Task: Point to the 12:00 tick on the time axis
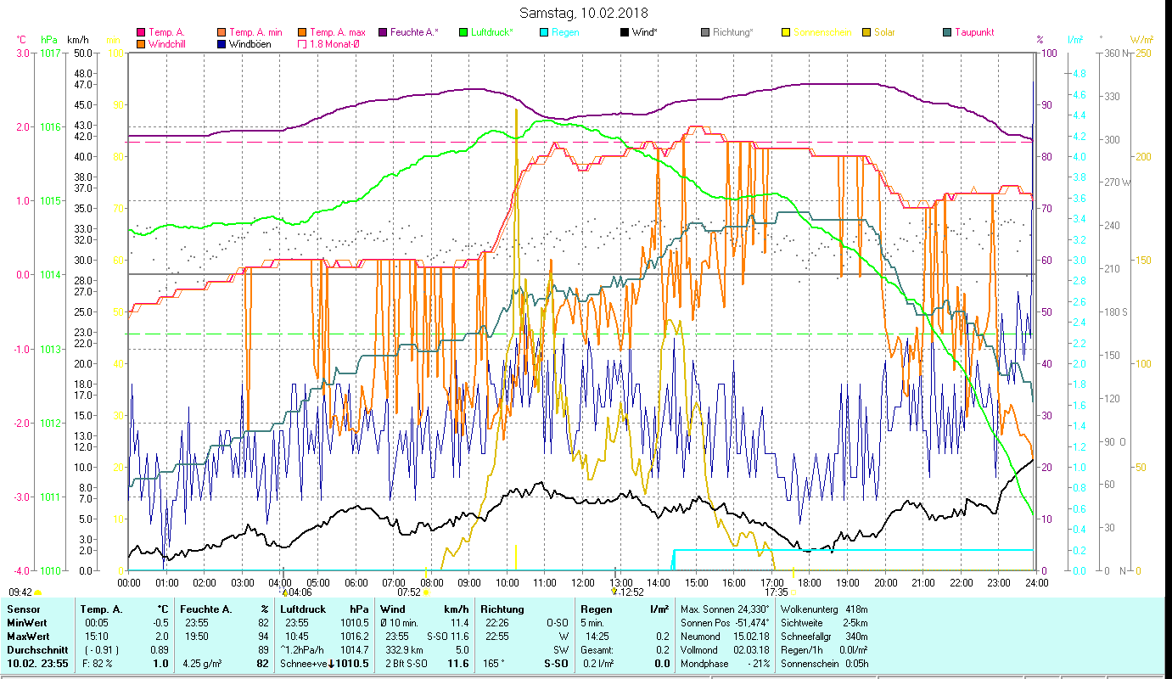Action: tap(583, 583)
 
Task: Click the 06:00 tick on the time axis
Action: tap(356, 583)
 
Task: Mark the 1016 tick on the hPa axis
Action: tap(50, 126)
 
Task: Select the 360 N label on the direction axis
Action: tap(1113, 53)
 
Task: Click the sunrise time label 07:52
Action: tap(409, 592)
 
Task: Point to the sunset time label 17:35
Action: tap(776, 592)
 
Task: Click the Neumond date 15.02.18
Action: tap(753, 637)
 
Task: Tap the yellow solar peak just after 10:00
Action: tap(516, 110)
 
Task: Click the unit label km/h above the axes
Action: tap(77, 40)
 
